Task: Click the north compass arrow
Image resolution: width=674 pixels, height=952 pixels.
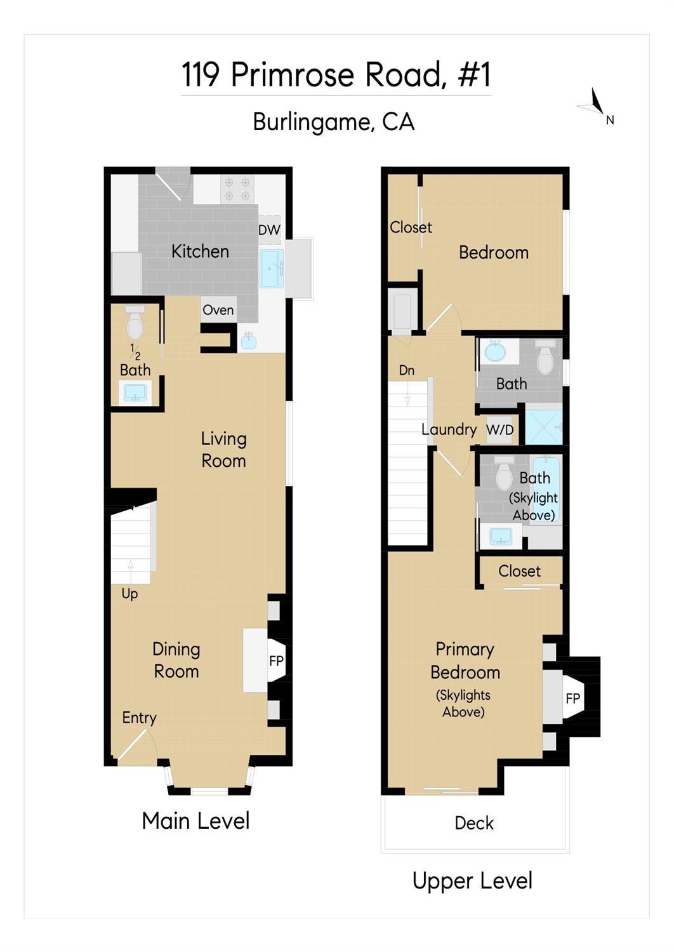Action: click(x=596, y=102)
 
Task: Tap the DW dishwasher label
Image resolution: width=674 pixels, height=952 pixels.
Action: click(x=269, y=230)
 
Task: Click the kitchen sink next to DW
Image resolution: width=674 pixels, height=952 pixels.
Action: click(x=272, y=268)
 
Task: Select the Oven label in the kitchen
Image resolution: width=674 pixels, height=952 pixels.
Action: click(x=218, y=310)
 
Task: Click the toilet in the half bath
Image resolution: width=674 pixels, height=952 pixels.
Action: click(x=135, y=325)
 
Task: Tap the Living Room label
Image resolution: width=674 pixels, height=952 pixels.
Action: click(x=223, y=450)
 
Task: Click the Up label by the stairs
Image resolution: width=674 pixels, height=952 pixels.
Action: click(x=129, y=594)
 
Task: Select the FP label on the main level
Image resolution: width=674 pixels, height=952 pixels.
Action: click(x=276, y=661)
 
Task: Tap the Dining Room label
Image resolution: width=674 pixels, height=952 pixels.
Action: click(x=176, y=660)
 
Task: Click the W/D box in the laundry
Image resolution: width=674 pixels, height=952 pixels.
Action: click(x=499, y=430)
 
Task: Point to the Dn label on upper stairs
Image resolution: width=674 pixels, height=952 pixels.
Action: click(x=407, y=370)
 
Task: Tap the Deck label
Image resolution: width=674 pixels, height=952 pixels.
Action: click(x=474, y=823)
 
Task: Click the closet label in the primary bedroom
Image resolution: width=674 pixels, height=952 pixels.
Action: click(x=519, y=571)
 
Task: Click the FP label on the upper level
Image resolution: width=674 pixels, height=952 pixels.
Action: click(x=572, y=699)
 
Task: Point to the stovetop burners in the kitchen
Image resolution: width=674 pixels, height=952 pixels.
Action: click(x=237, y=189)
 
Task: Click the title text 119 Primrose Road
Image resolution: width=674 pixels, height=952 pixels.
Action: click(x=336, y=75)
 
